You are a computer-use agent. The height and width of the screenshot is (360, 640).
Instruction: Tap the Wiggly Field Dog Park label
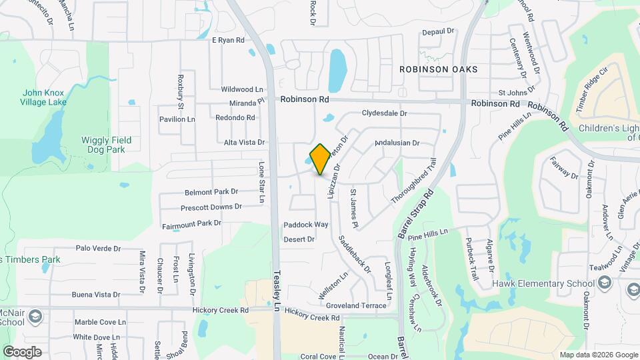(x=107, y=145)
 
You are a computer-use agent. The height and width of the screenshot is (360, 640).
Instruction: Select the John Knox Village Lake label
(x=44, y=97)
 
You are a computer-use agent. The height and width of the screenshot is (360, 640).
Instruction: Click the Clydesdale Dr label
(x=384, y=113)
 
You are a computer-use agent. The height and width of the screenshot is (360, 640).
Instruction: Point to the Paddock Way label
(x=306, y=225)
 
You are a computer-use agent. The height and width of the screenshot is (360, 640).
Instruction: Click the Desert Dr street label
(x=299, y=239)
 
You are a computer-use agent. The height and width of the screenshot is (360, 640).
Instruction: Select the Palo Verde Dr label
(x=98, y=248)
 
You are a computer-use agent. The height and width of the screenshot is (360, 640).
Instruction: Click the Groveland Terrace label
(x=356, y=305)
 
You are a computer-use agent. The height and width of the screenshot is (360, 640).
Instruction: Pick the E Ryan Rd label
(x=228, y=40)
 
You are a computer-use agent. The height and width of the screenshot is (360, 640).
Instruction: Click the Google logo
(x=22, y=351)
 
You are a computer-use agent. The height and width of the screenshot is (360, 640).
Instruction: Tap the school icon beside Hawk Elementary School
(x=604, y=283)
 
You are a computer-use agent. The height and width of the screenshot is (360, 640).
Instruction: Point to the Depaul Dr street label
(x=437, y=31)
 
